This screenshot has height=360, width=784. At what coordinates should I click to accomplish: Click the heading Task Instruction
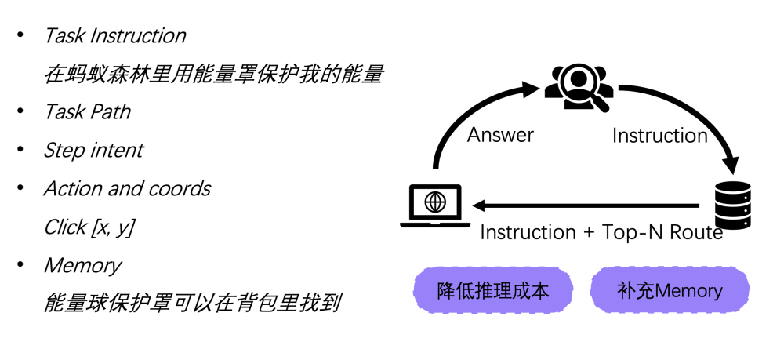(x=114, y=36)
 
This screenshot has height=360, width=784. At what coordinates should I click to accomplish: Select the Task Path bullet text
(x=87, y=112)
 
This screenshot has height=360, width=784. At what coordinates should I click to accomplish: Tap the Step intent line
(x=93, y=150)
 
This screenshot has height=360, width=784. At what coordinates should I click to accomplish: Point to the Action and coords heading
(x=127, y=188)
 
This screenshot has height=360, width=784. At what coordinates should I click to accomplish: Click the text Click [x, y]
(x=89, y=227)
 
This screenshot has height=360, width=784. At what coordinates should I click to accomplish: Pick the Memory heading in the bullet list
(x=82, y=265)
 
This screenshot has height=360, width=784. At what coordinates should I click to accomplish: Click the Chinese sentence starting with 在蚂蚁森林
(x=213, y=75)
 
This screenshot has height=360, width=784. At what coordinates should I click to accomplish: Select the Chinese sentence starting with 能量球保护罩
(x=191, y=303)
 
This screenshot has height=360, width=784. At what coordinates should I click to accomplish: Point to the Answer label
(x=500, y=135)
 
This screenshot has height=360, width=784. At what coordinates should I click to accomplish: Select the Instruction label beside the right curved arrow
(x=659, y=136)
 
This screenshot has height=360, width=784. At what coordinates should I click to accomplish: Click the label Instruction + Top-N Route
(x=601, y=232)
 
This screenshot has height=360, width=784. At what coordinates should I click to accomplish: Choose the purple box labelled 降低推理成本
(x=493, y=291)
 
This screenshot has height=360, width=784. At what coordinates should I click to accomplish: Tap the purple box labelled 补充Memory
(x=667, y=291)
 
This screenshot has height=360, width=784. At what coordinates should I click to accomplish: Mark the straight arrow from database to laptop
(x=588, y=206)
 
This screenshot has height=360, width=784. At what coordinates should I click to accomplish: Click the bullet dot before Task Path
(x=20, y=112)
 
